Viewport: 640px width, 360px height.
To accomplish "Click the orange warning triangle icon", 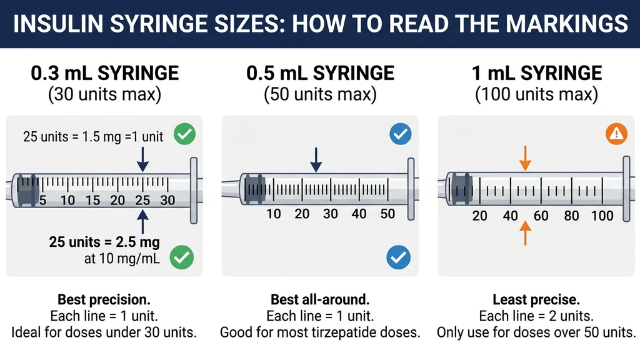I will point(616,132).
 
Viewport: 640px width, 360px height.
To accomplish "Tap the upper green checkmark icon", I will point(185,133).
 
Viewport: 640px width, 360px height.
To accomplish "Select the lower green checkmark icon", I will point(182,256).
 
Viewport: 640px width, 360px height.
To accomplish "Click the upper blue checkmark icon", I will point(400,133).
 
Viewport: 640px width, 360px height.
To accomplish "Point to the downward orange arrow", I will point(525,157).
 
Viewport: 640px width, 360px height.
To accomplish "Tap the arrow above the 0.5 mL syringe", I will point(316,159).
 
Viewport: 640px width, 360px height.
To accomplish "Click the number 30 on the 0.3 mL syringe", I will point(167,201).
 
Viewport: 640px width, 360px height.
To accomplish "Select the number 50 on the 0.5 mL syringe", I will point(387,214).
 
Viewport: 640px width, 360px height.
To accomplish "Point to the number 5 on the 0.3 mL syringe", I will point(43,201).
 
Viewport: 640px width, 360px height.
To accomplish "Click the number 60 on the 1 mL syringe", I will point(541,216).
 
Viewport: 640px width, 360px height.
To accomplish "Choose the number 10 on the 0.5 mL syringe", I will point(273,214).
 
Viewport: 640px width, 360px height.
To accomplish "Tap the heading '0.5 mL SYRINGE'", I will point(320,73).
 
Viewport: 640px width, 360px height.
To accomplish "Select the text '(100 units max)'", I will point(536,95).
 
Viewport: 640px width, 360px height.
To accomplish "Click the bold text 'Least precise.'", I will point(536,299).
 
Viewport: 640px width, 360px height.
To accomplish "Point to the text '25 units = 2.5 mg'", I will point(104,242).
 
